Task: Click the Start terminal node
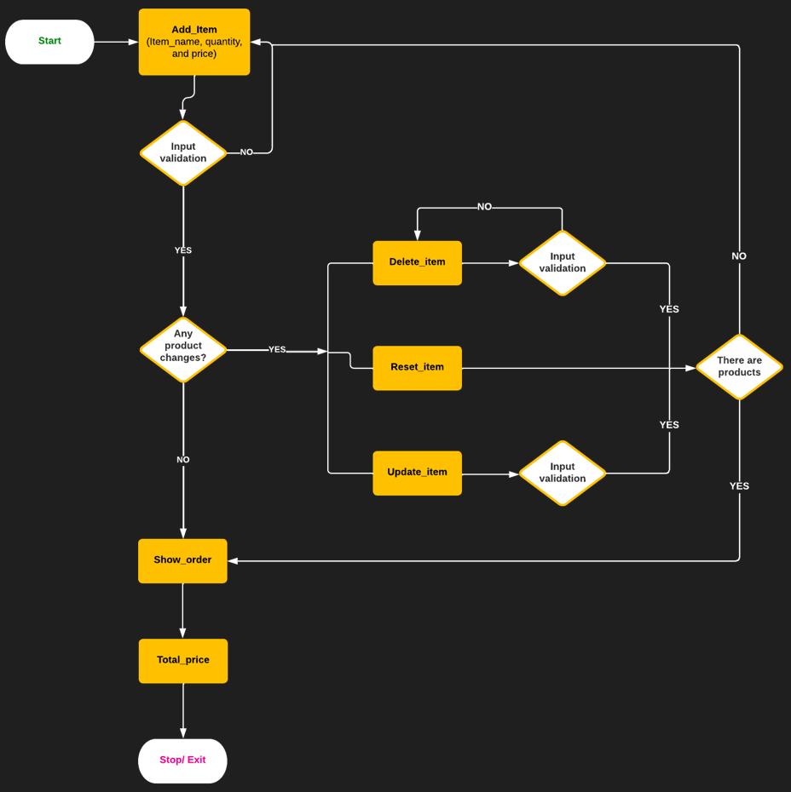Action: click(49, 42)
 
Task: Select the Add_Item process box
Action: click(194, 42)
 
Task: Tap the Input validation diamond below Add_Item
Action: click(183, 153)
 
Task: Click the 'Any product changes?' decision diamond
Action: click(183, 349)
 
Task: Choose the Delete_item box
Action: click(417, 262)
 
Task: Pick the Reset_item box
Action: click(417, 368)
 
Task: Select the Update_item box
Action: click(417, 473)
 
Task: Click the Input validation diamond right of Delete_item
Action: click(563, 263)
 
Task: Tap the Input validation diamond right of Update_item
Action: click(563, 473)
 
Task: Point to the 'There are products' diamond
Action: click(739, 367)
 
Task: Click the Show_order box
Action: click(182, 560)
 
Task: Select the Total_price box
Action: click(183, 661)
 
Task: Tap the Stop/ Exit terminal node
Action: click(182, 760)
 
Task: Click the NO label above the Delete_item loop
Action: click(484, 207)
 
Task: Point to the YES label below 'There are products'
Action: click(739, 486)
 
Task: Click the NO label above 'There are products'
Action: click(739, 256)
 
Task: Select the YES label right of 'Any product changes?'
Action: click(277, 350)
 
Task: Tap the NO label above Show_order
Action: click(183, 460)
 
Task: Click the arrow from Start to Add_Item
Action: click(116, 42)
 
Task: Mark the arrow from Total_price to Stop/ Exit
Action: click(183, 711)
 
